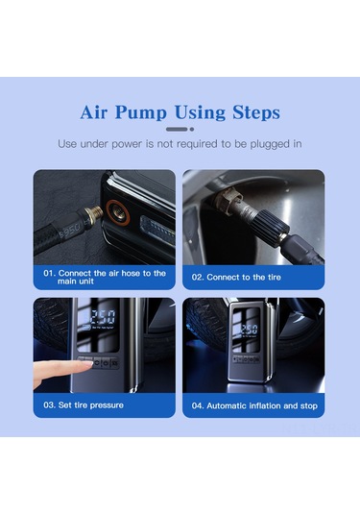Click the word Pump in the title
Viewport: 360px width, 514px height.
point(141,113)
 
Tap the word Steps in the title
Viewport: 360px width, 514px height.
point(256,112)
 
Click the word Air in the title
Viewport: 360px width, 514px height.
point(94,112)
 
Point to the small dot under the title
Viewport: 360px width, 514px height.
point(192,129)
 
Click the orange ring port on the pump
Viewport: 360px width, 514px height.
point(117,211)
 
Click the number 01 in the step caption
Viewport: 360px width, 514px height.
point(49,274)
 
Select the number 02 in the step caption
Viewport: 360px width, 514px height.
point(198,278)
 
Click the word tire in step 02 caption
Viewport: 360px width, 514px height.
point(275,278)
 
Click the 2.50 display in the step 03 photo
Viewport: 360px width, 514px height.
point(103,317)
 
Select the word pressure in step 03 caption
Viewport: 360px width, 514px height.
point(107,405)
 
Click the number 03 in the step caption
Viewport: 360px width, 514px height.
point(49,405)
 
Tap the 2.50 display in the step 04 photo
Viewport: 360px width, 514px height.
point(250,329)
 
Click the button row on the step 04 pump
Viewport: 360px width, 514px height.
point(246,359)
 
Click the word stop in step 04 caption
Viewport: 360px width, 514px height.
point(309,406)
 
